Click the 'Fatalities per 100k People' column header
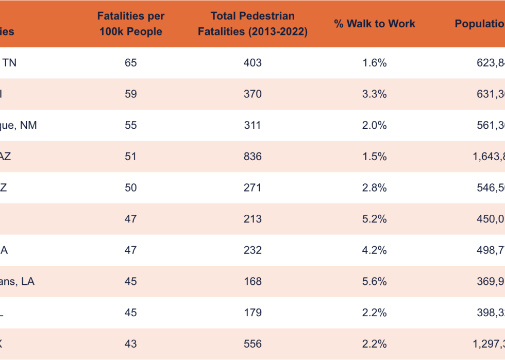(130, 24)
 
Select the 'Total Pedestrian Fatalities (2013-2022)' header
(252, 24)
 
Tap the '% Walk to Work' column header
(374, 24)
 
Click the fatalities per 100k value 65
(130, 63)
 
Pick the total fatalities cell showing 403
(252, 63)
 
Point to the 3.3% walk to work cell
(374, 94)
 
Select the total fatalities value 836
(252, 157)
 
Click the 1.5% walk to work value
(374, 157)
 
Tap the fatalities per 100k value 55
(130, 125)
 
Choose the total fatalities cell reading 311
(252, 125)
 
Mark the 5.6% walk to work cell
(374, 282)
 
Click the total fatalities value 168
(252, 282)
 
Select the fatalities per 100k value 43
(130, 344)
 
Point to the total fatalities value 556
(252, 344)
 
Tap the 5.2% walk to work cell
(374, 219)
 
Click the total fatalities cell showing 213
(252, 219)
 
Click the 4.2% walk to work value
(374, 250)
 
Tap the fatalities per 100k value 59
(130, 94)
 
